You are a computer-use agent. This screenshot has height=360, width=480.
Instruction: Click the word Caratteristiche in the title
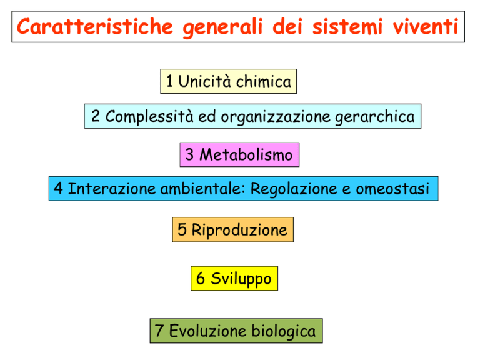(x=95, y=26)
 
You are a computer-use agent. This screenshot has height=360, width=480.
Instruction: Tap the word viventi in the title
(x=426, y=26)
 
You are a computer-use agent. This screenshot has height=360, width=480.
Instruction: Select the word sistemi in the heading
(x=347, y=26)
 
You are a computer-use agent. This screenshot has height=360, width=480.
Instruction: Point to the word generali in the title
(x=223, y=27)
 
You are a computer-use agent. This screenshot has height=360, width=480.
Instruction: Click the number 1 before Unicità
(x=169, y=81)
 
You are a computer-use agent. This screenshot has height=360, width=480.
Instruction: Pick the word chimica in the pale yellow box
(x=264, y=81)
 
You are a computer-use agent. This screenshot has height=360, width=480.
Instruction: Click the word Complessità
(x=149, y=117)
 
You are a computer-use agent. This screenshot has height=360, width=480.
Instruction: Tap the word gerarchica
(x=375, y=117)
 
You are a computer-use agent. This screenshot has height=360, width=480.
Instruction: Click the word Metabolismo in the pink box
(x=246, y=154)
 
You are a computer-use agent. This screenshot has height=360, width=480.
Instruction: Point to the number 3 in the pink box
(x=189, y=154)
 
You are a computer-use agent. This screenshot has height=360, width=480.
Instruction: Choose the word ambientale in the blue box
(x=202, y=188)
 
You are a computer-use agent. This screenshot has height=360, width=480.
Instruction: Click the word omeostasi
(x=392, y=189)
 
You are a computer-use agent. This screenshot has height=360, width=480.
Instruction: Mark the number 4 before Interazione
(x=59, y=188)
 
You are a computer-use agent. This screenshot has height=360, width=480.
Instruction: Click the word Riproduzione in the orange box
(x=239, y=230)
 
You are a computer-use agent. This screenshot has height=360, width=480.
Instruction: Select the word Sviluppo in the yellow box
(x=241, y=279)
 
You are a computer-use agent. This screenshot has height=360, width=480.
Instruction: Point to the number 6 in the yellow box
(x=200, y=278)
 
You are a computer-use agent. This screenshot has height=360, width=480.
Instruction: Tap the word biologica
(x=284, y=331)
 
